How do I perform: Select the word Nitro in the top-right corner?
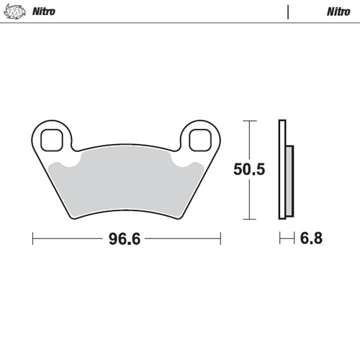[338, 12]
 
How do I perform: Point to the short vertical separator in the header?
[288, 12]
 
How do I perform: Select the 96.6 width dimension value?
[124, 238]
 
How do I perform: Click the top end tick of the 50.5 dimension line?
[249, 120]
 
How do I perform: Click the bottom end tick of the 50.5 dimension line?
[249, 219]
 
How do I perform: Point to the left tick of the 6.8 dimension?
[280, 238]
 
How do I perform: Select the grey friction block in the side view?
[290, 180]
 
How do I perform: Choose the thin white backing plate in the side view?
[282, 169]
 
